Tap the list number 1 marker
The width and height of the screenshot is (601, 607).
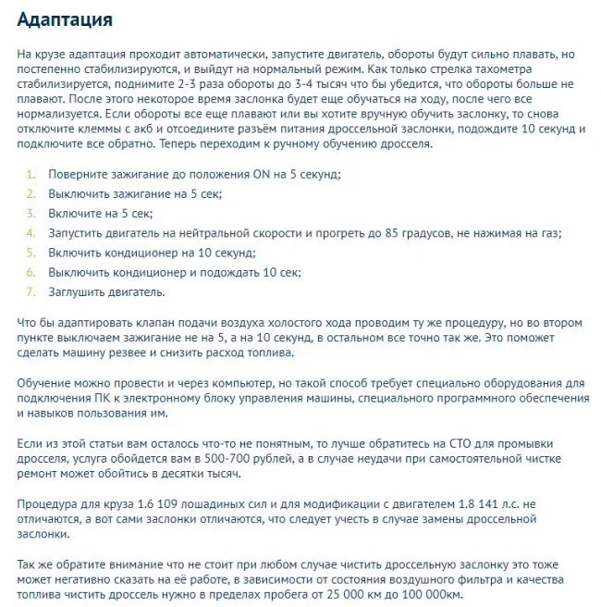click(x=31, y=174)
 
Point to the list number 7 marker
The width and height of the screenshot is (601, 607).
click(x=31, y=291)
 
